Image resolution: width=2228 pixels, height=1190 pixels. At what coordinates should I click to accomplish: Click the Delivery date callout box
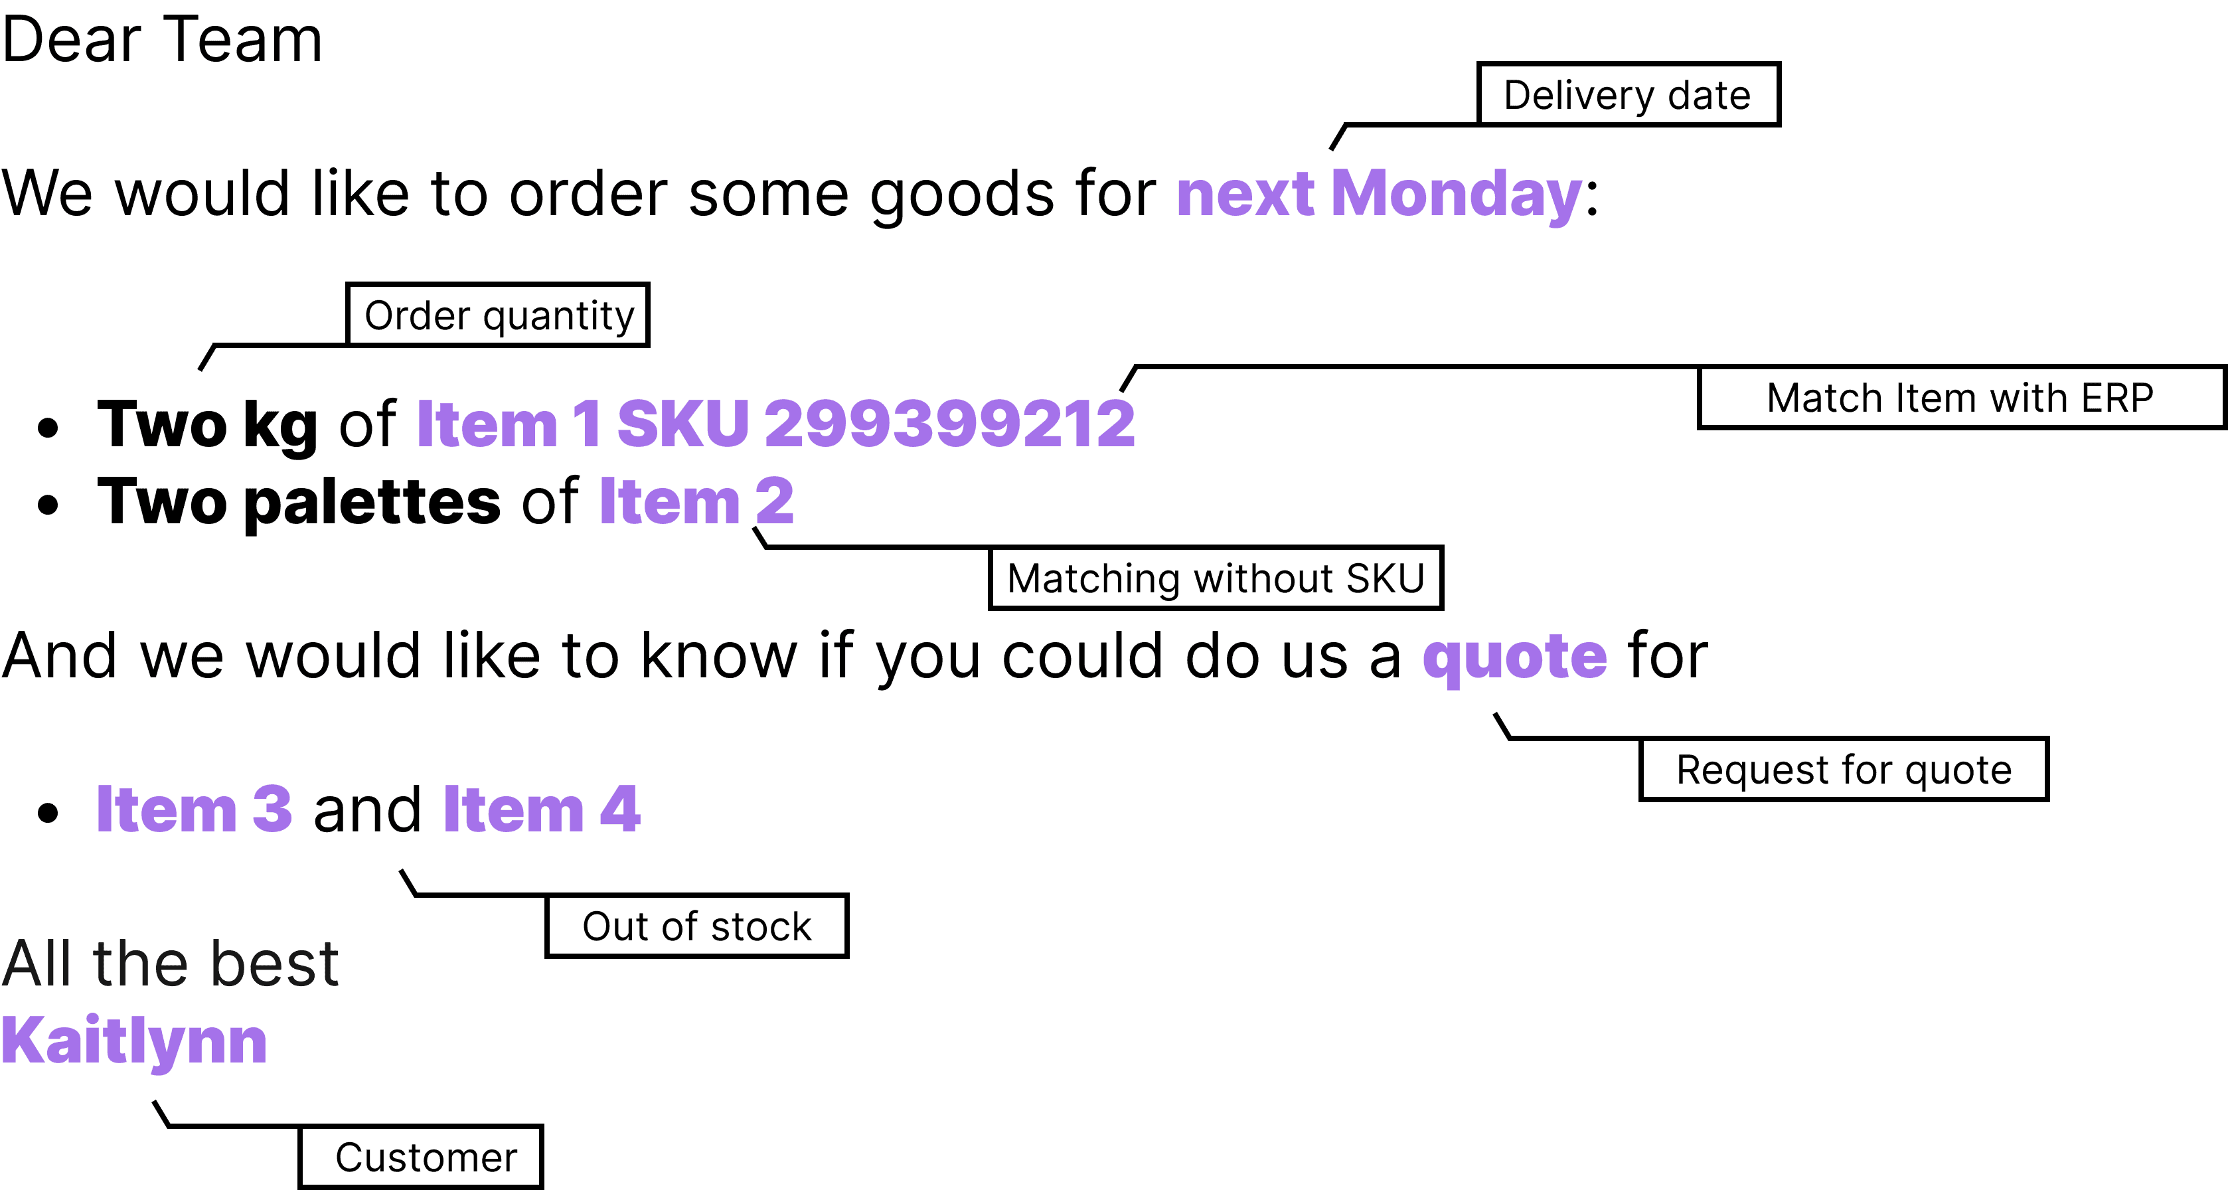pos(1628,94)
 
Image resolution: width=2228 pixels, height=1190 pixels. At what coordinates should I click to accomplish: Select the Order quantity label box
pos(498,315)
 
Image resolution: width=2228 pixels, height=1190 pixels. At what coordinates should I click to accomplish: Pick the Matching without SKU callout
pos(1216,578)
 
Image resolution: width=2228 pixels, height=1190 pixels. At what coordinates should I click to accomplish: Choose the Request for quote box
pos(1844,769)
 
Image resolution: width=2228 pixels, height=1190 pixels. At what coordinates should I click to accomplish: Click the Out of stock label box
pos(697,926)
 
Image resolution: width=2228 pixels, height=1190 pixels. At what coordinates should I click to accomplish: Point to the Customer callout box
pos(421,1157)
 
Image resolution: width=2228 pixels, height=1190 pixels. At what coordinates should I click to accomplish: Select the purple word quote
pos(1514,657)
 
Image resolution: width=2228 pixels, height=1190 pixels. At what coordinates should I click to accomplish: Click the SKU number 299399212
pos(949,424)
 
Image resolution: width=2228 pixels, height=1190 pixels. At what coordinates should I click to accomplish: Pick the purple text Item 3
pos(194,809)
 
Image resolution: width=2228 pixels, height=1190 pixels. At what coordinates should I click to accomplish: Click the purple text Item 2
pos(696,501)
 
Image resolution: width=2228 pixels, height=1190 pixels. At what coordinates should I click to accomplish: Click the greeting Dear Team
pos(162,39)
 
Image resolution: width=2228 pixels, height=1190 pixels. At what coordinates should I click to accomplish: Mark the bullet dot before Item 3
pos(48,813)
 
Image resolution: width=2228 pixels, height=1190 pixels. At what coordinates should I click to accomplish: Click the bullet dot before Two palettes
pos(48,505)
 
